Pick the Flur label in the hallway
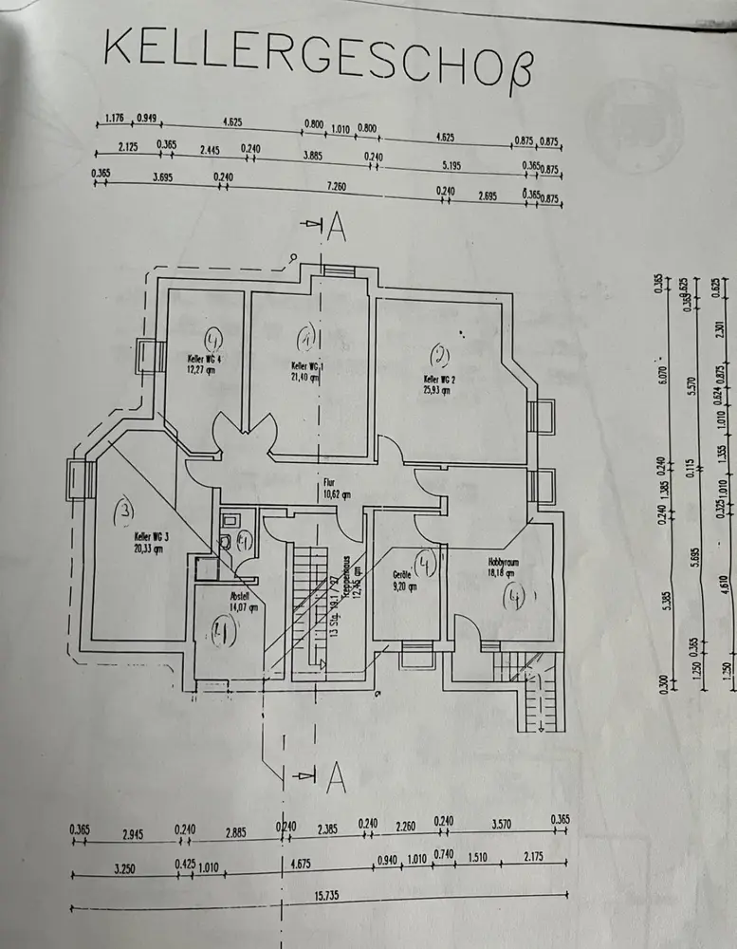coord(331,481)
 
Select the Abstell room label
coord(238,597)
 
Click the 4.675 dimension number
coord(304,863)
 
